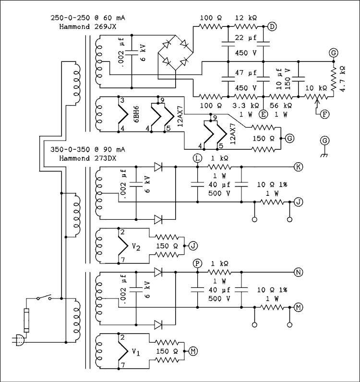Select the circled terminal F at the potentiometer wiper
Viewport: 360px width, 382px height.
[325, 114]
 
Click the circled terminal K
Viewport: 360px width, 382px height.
[298, 167]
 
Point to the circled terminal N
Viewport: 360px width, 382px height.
[298, 272]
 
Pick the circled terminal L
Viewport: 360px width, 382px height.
[197, 158]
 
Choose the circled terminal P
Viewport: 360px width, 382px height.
[197, 263]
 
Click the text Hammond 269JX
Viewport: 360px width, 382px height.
[84, 26]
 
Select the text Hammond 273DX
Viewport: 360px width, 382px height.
[84, 157]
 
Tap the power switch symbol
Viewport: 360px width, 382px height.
[45, 298]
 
